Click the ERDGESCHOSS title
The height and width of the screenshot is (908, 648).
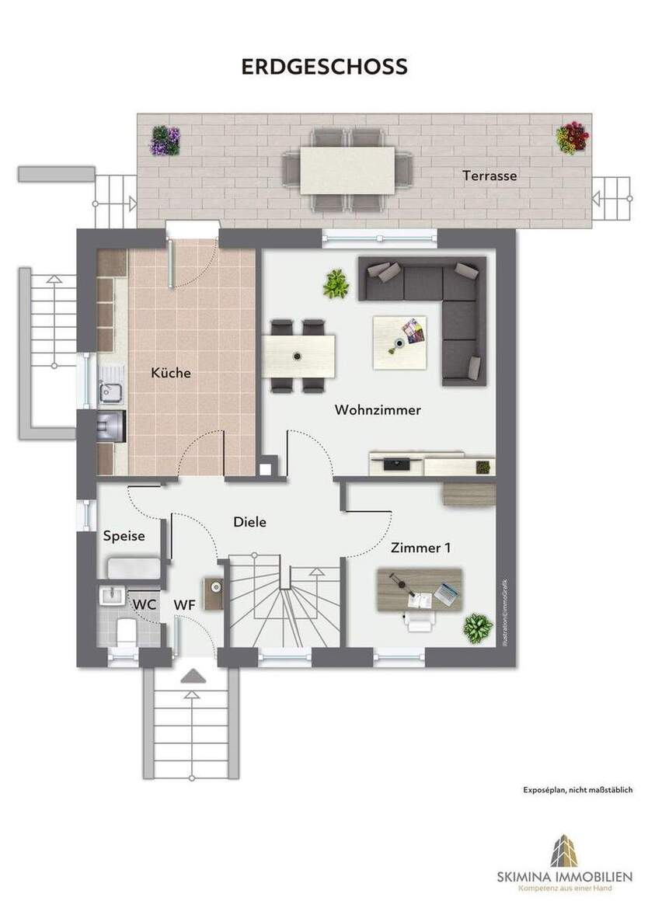[324, 67]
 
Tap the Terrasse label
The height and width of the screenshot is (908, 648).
[489, 176]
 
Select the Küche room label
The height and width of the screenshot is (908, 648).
[171, 373]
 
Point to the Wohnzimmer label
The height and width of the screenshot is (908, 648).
[378, 410]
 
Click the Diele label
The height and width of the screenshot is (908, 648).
[249, 522]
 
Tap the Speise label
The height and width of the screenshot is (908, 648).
[124, 536]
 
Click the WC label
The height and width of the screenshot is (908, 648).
[143, 604]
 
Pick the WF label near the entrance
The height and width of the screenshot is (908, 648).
[184, 604]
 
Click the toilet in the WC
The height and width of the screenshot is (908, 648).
[124, 631]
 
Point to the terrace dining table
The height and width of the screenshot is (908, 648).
[347, 170]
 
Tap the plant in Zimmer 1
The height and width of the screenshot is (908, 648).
[477, 628]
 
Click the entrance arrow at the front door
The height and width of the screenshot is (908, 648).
[190, 678]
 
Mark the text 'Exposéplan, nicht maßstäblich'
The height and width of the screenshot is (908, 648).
[578, 790]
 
